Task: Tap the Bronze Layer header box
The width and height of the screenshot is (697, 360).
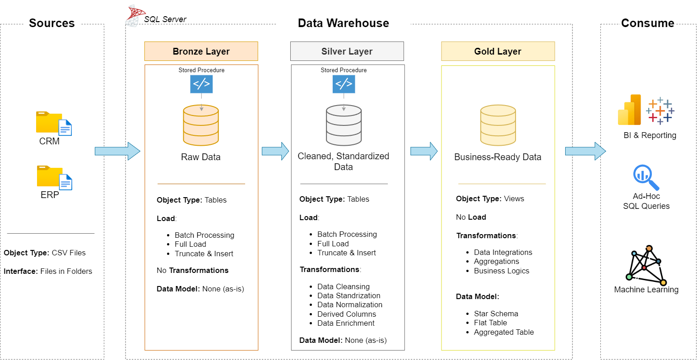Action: point(201,51)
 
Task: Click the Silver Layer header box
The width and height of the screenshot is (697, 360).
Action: point(347,51)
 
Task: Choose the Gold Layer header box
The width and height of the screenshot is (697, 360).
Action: point(497,51)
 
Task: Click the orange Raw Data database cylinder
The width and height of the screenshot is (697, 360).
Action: point(201,125)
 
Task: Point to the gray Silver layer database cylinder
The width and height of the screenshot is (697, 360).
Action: point(344,125)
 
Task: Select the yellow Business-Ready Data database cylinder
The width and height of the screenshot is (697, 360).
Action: point(498,125)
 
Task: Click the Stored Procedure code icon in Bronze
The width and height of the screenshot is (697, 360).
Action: point(201,84)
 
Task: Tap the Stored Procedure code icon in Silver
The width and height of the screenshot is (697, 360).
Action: point(344,84)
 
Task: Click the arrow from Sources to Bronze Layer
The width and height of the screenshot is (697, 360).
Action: point(117,151)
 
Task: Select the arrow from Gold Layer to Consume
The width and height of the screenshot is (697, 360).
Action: point(585,151)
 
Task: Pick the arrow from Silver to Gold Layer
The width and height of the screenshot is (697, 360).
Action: point(423,151)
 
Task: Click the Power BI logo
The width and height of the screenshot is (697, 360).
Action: point(630,110)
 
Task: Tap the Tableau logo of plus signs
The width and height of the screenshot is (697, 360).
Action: point(660,111)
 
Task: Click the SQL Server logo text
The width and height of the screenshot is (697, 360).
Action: point(165,19)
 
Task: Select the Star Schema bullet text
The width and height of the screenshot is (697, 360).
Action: point(496,314)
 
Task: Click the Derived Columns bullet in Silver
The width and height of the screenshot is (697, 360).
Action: point(346,314)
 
